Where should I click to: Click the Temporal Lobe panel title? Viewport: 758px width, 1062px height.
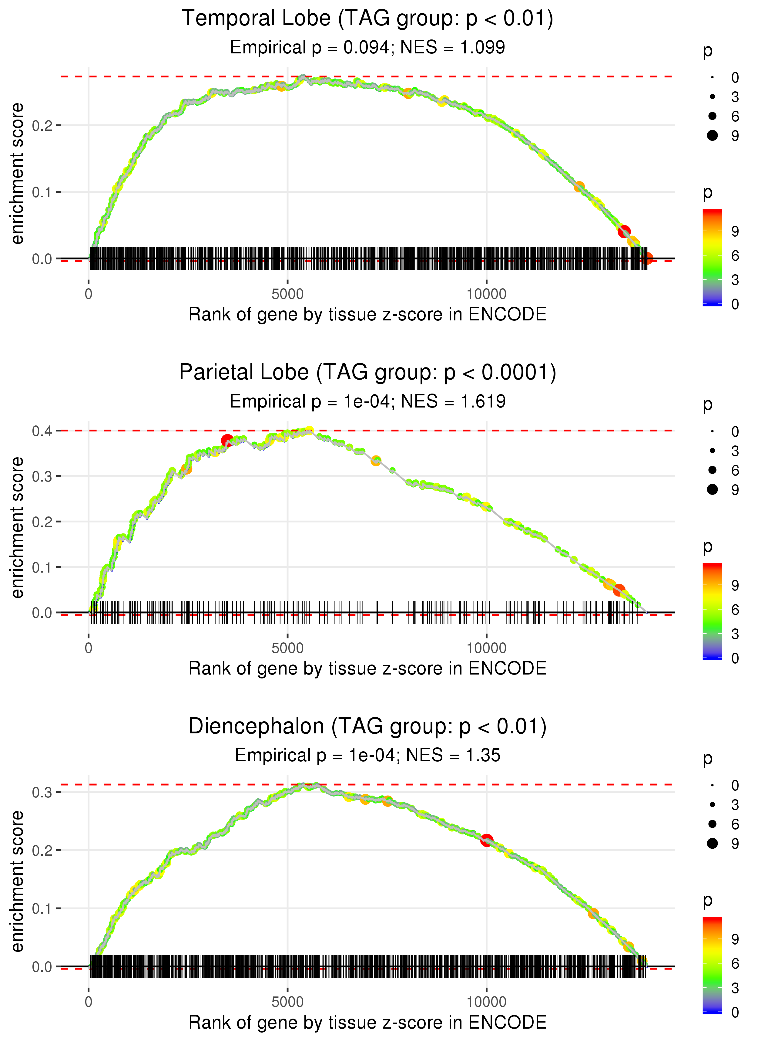367,19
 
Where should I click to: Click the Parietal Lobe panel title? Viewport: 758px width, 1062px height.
367,373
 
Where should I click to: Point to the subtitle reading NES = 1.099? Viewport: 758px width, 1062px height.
367,48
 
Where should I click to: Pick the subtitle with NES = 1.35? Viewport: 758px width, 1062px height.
367,755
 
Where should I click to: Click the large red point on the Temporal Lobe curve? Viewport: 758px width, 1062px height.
624,231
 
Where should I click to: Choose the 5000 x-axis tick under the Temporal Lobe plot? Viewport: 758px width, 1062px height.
287,294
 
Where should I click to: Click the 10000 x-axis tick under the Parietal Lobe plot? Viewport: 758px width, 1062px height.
486,648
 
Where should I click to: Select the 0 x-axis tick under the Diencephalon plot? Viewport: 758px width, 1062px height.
89,1002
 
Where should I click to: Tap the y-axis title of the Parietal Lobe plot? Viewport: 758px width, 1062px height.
17,527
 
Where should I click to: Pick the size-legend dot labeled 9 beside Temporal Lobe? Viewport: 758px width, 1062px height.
712,135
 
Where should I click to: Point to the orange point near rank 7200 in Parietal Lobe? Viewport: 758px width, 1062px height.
376,461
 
